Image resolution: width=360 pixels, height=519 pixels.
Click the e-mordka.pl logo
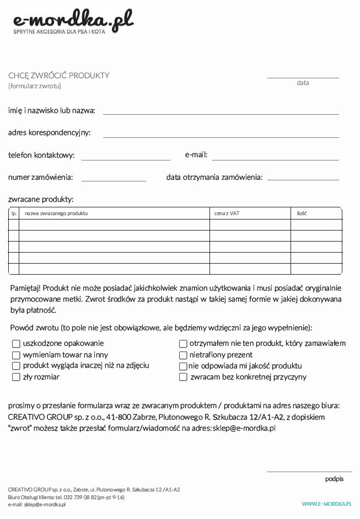pos(73,22)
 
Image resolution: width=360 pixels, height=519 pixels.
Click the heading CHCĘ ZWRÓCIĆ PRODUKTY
pos(59,76)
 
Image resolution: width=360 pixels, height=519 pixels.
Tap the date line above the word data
pos(303,77)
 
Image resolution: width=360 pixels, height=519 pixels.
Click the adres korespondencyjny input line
pos(221,136)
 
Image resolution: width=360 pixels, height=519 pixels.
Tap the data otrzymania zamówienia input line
pos(303,179)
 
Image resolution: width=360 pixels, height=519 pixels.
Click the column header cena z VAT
pos(227,213)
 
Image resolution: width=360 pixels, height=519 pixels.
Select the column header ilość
pos(302,213)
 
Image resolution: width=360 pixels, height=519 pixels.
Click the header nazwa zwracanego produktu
pos(56,213)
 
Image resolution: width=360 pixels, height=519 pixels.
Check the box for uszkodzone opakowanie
pos(16,344)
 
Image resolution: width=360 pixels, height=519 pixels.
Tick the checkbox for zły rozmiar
pos(16,377)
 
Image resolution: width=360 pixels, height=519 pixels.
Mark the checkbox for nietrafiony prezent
pos(183,355)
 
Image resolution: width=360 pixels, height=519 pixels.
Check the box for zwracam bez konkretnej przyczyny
pos(183,377)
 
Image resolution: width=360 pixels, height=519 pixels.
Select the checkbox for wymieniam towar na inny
pos(16,355)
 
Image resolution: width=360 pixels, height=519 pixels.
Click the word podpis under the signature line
pos(334,479)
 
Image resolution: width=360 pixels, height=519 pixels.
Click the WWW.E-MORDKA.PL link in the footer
pos(326,504)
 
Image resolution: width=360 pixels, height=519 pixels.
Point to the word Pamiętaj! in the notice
pos(25,288)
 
